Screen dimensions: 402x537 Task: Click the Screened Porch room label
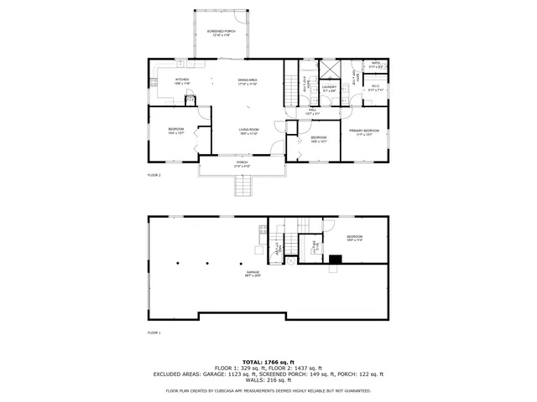(x=222, y=33)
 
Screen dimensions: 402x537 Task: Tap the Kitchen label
(x=181, y=80)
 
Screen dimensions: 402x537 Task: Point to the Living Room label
(x=248, y=131)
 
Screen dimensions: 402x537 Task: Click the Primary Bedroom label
(x=364, y=131)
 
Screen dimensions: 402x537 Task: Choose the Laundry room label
(x=329, y=87)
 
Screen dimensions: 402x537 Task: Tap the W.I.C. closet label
(x=376, y=87)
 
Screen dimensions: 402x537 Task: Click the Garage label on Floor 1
(x=253, y=273)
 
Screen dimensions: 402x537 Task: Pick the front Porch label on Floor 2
(x=242, y=164)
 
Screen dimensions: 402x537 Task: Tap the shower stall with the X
(x=329, y=69)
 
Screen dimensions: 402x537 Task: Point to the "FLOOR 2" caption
(x=154, y=175)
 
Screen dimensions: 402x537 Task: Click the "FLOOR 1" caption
(x=154, y=332)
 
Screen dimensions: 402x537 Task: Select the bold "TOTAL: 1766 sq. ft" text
(x=268, y=360)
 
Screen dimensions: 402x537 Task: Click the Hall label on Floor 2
(x=312, y=112)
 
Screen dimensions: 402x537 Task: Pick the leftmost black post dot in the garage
(x=178, y=263)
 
